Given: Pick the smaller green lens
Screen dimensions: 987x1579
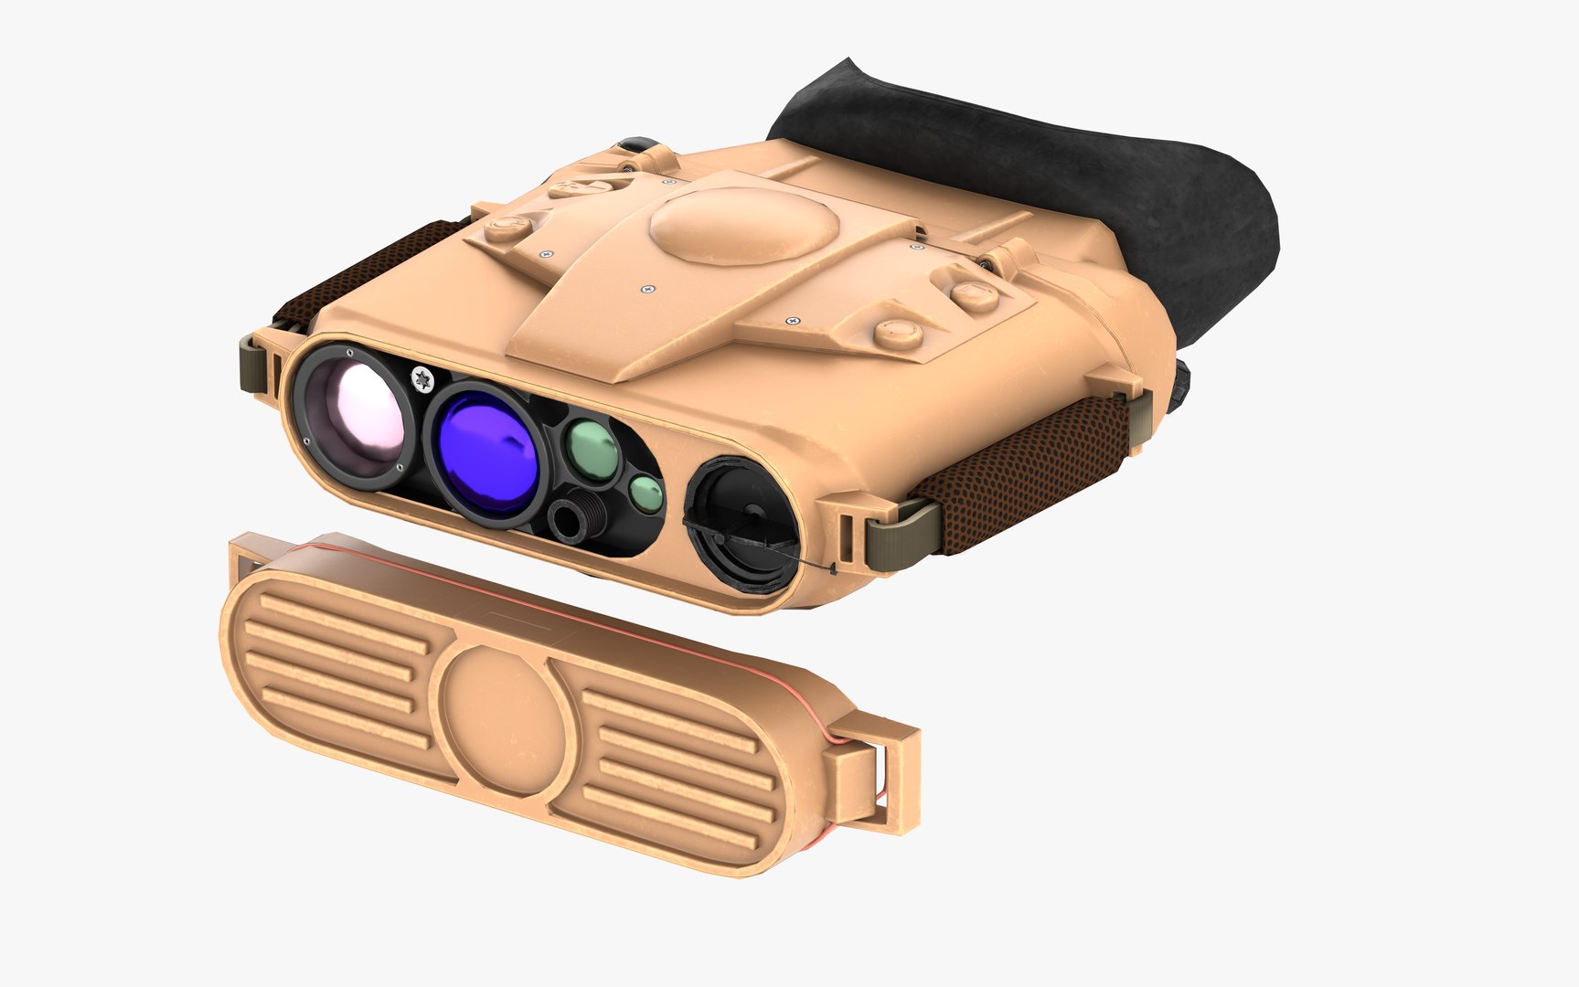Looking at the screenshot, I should [x=646, y=494].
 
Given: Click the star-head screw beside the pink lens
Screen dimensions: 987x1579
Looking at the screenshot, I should [x=421, y=377].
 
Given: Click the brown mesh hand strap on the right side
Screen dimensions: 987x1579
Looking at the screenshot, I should [x=1024, y=475].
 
